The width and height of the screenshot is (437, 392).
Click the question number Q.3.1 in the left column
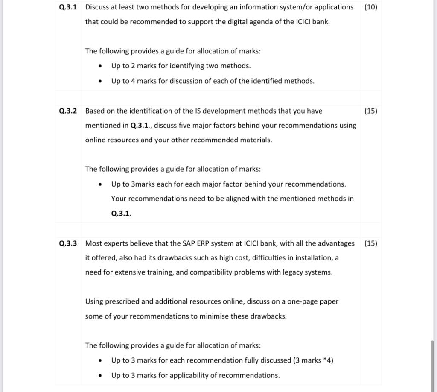[68, 7]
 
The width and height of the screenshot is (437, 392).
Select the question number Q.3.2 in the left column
[68, 111]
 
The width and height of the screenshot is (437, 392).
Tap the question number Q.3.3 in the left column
[68, 243]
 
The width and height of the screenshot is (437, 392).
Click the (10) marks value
[371, 7]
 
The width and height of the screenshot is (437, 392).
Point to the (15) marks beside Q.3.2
[371, 111]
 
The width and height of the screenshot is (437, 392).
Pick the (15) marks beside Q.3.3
[371, 243]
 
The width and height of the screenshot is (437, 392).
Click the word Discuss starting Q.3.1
[98, 7]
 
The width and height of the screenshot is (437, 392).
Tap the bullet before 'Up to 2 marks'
[100, 66]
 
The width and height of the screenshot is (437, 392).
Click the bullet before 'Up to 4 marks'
[100, 81]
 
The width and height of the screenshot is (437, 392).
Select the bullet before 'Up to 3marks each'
[100, 184]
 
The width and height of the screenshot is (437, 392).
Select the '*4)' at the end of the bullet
[328, 360]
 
